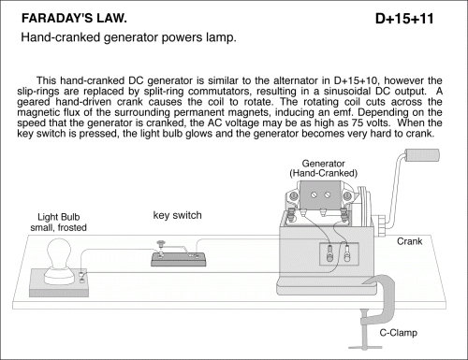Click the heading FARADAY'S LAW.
[x=74, y=19]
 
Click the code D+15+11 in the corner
[x=404, y=19]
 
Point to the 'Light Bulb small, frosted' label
[x=59, y=223]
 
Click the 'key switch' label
[x=177, y=215]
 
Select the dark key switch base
[x=179, y=259]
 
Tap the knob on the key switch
[x=161, y=242]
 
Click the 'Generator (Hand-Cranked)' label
[x=324, y=168]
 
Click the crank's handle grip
[x=422, y=155]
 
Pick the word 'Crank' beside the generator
[x=409, y=241]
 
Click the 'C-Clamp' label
[x=399, y=333]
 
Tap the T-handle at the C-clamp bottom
[x=365, y=347]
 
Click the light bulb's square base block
[x=59, y=283]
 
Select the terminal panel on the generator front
[x=339, y=254]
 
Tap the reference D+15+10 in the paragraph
[x=356, y=80]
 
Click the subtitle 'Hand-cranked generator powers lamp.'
[x=128, y=37]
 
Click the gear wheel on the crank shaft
[x=381, y=225]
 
